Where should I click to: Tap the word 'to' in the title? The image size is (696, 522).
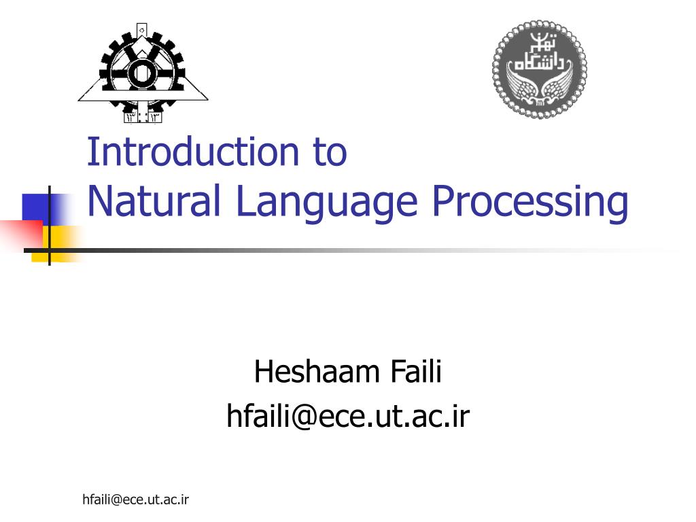330,153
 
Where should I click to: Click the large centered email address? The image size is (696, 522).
348,416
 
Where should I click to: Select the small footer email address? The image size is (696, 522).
135,500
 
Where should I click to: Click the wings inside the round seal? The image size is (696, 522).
539,88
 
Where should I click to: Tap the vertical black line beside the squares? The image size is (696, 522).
49,224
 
